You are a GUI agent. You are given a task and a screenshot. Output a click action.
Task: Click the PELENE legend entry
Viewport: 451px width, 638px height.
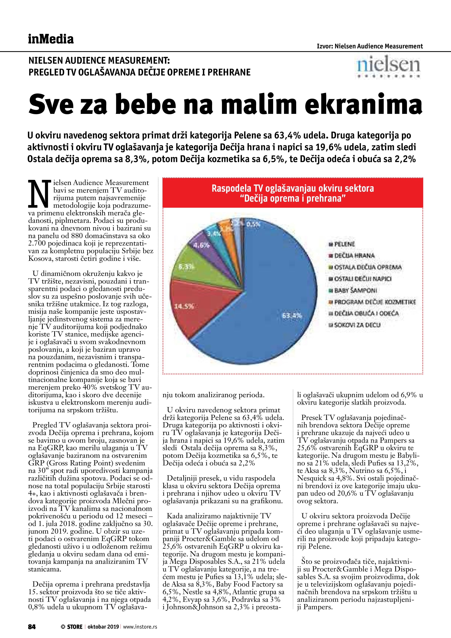pos(345,244)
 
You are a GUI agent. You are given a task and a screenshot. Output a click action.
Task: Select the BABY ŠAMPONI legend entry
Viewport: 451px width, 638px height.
pos(355,290)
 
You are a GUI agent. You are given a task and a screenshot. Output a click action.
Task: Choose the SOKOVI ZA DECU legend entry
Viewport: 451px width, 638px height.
pos(357,325)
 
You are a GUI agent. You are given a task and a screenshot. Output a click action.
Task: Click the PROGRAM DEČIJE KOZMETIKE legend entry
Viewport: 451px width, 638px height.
pos(375,302)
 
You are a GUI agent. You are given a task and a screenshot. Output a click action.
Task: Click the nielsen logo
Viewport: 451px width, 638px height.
pos(388,67)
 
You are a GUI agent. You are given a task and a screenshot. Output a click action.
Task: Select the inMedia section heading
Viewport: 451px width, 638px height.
pos(51,39)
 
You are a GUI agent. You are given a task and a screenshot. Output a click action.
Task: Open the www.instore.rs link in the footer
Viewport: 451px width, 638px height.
pos(140,627)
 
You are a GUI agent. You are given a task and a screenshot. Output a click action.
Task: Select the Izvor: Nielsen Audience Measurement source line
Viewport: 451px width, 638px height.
pos(370,46)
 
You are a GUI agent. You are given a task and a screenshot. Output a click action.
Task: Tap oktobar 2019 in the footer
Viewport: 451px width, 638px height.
pos(103,627)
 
